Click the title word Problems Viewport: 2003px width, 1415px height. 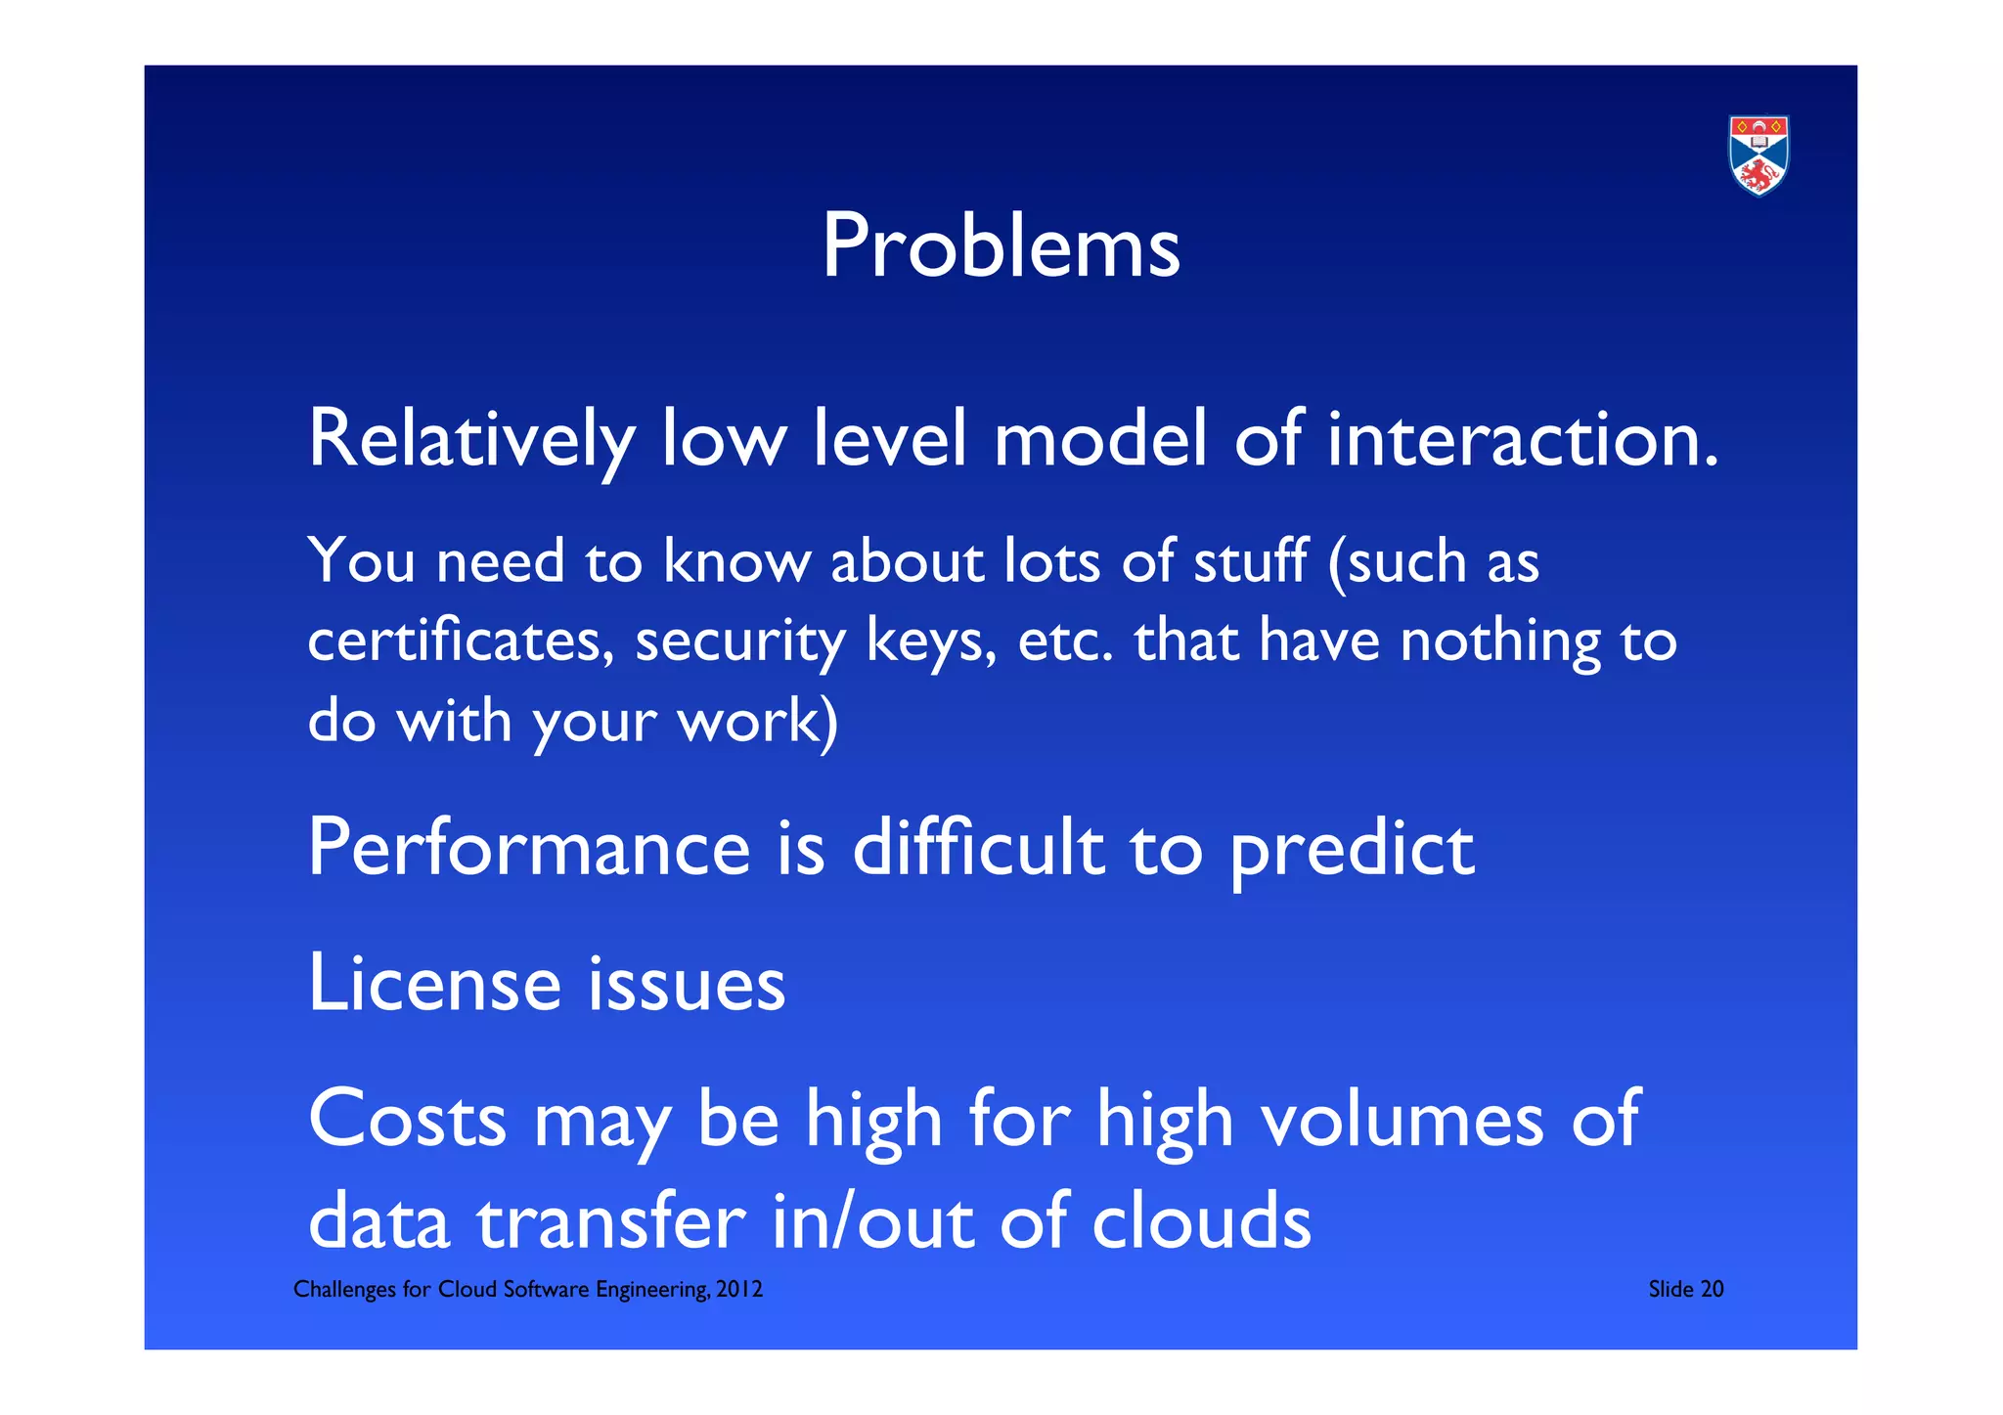1001,245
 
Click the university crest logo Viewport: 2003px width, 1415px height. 1758,155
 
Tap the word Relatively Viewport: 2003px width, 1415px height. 471,440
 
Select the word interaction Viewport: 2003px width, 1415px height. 1522,440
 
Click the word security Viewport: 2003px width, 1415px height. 739,643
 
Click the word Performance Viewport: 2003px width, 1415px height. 528,849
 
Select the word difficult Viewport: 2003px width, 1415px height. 978,847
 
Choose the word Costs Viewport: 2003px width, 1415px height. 407,1119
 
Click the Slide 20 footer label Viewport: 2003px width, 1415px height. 1685,1289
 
